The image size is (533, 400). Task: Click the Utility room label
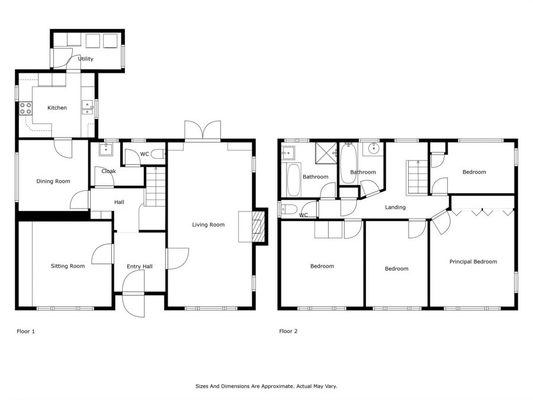coord(85,59)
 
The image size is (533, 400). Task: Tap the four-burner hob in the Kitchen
coord(25,108)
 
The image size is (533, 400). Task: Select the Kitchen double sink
coord(88,107)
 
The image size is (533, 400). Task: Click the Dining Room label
coord(53,181)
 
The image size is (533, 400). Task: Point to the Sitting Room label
coord(68,266)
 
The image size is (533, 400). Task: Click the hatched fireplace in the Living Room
coord(258,226)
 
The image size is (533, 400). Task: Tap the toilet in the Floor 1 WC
coord(158,154)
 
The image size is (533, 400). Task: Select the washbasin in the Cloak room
coord(106,149)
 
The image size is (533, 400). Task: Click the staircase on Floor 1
coord(155,187)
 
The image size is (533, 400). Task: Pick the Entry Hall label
coord(140,266)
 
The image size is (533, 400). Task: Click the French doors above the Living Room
coord(203,131)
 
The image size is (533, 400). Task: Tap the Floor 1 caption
coord(26,331)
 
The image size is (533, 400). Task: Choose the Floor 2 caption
coord(288,331)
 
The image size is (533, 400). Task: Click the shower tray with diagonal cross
coord(326,153)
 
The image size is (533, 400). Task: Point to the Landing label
coord(396,207)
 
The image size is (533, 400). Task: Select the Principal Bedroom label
coord(473,261)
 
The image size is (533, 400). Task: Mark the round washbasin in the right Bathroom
coord(373,149)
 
